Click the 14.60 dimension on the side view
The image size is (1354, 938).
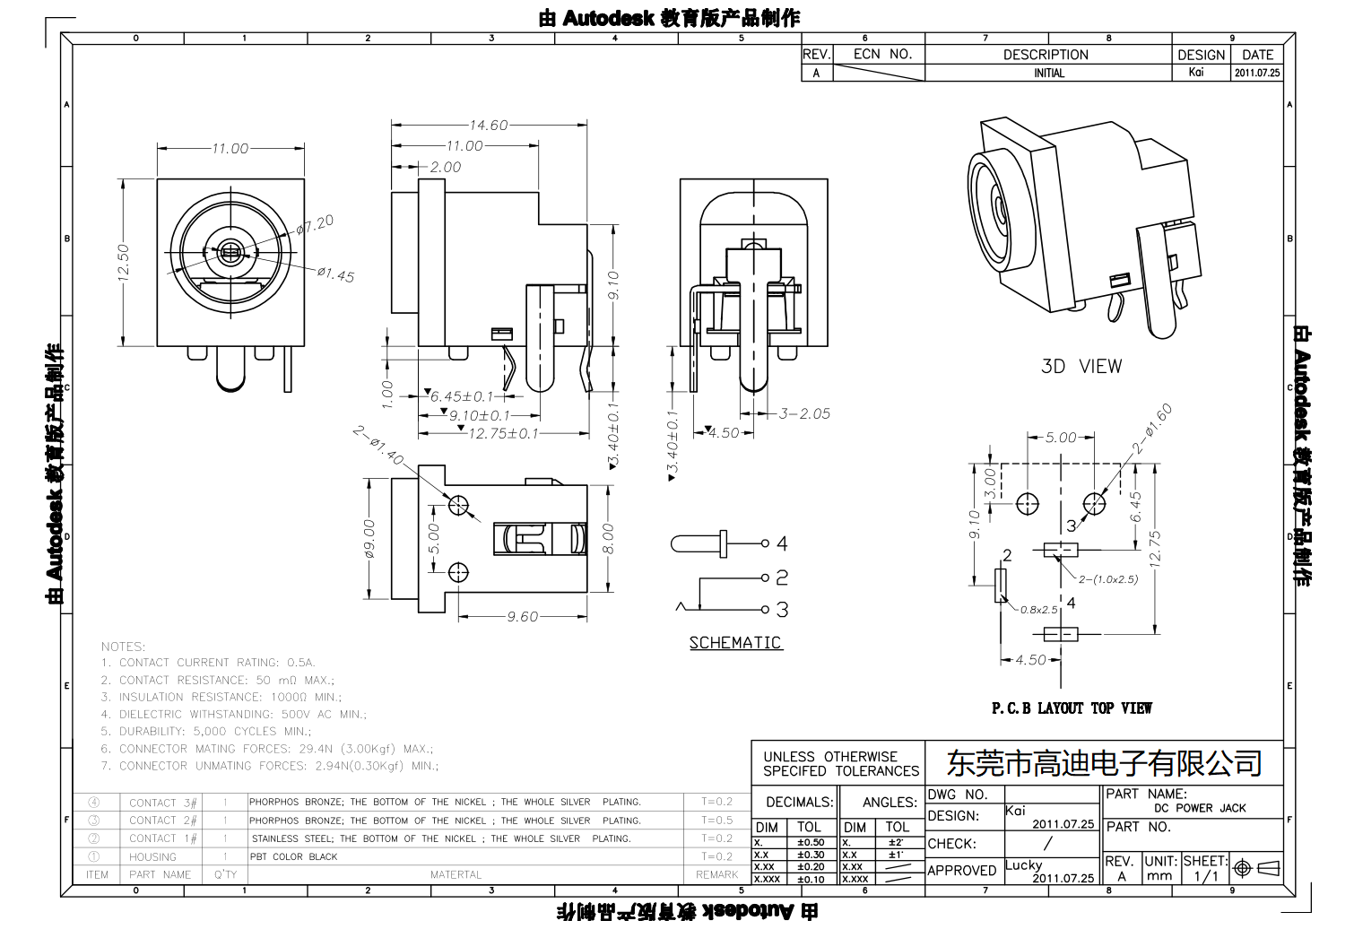[489, 126]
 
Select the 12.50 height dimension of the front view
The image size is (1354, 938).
[124, 262]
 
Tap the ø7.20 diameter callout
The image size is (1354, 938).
[315, 224]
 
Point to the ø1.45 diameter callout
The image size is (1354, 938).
[334, 274]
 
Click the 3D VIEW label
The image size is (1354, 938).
[1081, 366]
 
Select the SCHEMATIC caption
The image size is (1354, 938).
[734, 642]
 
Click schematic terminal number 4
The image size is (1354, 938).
[782, 543]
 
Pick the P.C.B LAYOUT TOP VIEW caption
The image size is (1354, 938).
[1071, 708]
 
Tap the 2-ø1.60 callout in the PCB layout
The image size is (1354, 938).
[1151, 429]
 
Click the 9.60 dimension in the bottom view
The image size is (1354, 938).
[522, 617]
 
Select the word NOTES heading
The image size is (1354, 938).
[123, 646]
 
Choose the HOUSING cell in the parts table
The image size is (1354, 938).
[152, 856]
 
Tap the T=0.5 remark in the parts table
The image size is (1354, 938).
[716, 820]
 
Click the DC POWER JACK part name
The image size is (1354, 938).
[1199, 808]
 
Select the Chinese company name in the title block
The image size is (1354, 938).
[1104, 763]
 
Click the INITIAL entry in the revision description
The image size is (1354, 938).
[1048, 74]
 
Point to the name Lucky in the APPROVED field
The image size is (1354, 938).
[1023, 864]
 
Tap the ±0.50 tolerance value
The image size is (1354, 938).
[810, 842]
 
